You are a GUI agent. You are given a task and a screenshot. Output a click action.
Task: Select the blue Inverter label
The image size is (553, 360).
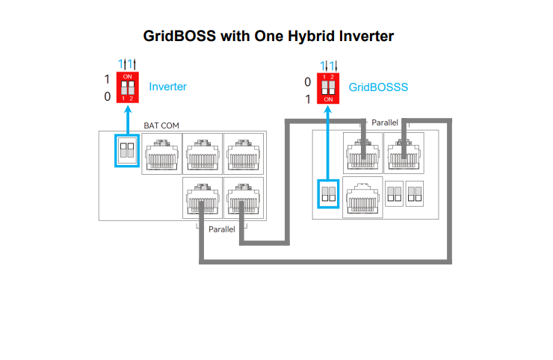[x=167, y=87]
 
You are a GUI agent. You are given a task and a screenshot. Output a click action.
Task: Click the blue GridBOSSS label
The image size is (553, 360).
[x=378, y=87]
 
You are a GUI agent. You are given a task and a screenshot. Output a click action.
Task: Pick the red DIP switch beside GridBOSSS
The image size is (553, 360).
[x=328, y=87]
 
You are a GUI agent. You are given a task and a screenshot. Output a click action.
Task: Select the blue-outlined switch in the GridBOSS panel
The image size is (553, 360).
[x=328, y=195]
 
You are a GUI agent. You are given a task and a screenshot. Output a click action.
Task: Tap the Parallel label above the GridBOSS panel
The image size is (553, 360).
[x=384, y=122]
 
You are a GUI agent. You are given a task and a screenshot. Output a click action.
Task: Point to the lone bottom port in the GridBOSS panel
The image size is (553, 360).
[x=362, y=197]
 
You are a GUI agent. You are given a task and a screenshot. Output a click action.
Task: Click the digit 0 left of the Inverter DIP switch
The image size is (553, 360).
[x=107, y=96]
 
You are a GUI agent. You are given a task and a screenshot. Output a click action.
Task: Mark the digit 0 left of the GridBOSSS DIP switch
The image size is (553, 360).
[x=308, y=81]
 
